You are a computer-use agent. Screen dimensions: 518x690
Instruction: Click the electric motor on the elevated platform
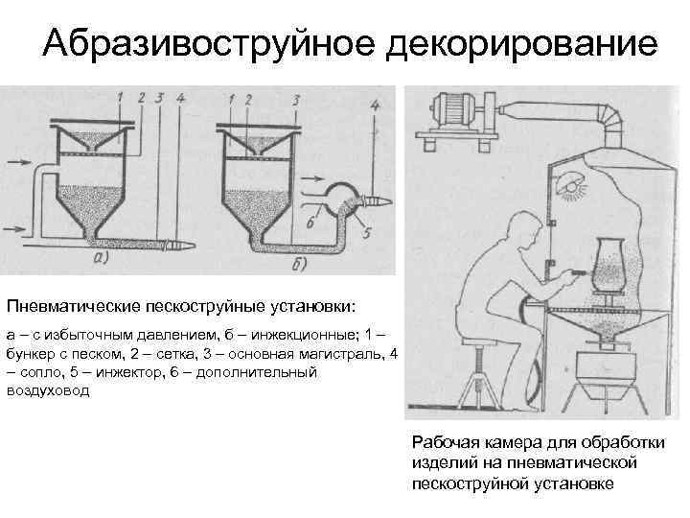[x=459, y=106]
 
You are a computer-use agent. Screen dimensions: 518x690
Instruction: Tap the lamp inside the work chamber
[x=573, y=181]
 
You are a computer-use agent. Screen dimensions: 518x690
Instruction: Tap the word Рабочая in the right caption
[x=442, y=441]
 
